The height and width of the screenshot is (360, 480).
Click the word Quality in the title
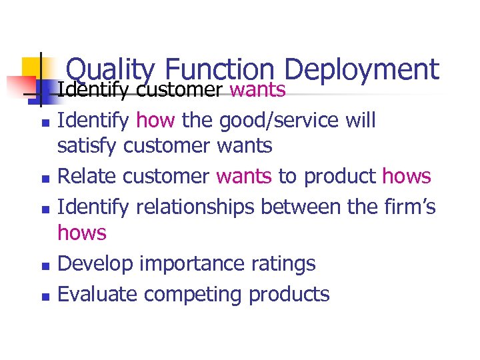(111, 70)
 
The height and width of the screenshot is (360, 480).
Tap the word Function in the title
(219, 70)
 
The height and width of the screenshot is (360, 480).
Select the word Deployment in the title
(361, 70)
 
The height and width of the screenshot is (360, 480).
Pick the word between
(305, 207)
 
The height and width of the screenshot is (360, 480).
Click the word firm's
(411, 207)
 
